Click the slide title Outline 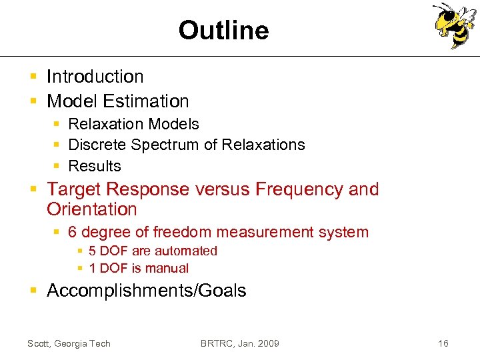tap(223, 31)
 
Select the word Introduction tap(95, 77)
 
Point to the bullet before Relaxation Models tap(58, 125)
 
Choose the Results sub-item tap(95, 166)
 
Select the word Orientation tap(92, 209)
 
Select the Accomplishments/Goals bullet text tap(146, 291)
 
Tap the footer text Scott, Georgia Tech tap(69, 343)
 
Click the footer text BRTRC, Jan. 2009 tap(240, 343)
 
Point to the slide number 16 tap(443, 343)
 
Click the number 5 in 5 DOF tap(93, 251)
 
